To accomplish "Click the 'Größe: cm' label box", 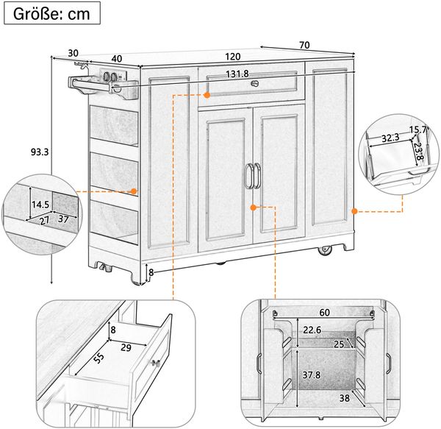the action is (52, 13).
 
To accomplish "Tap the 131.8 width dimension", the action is (237, 74).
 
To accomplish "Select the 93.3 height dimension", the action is (40, 152).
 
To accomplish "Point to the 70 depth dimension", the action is (304, 45).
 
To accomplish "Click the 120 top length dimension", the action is (232, 57).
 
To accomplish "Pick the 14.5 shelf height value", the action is (40, 205).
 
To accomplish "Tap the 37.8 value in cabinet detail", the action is (312, 375).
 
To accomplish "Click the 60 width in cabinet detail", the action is (325, 313).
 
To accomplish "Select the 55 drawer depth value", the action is (98, 358).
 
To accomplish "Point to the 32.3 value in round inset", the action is (390, 138).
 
